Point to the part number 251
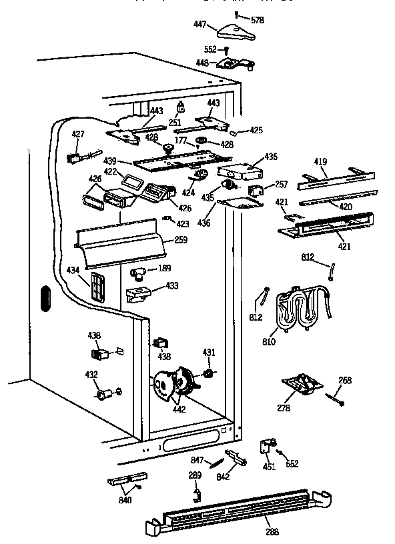point(174,123)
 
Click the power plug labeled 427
point(75,158)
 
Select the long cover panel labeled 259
point(120,242)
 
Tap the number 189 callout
point(162,269)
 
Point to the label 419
point(322,162)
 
